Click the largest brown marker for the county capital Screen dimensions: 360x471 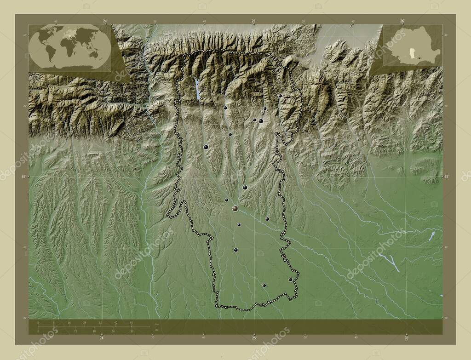point(235,208)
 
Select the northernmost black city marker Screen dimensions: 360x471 point(280,96)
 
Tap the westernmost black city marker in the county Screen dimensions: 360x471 point(206,147)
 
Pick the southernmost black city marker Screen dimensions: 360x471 point(264,285)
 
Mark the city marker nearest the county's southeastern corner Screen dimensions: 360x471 point(290,279)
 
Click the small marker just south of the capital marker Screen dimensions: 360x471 point(239,225)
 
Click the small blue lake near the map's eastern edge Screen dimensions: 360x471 point(432,236)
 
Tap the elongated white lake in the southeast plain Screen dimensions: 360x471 point(390,263)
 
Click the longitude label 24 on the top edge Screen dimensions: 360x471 point(105,21)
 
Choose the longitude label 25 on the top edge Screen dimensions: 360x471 point(253,21)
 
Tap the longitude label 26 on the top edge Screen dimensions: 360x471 point(402,21)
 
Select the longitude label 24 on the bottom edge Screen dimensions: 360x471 point(102,338)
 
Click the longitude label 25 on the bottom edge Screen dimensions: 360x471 point(254,338)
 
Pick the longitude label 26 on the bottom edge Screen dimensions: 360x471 point(407,338)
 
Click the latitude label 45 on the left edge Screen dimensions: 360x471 point(23,176)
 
